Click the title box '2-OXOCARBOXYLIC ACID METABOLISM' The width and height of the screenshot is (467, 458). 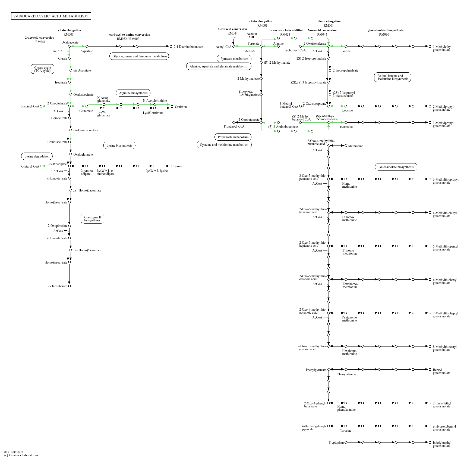[51, 16]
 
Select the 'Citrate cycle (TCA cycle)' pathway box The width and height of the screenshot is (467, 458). [42, 69]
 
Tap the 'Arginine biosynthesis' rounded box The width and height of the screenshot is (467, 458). [133, 93]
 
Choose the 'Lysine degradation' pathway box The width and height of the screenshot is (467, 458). [37, 156]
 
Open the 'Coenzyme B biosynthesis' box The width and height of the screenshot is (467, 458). [92, 219]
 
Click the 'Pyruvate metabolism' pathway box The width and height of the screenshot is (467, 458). [234, 59]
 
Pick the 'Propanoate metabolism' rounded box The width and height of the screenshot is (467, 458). [233, 137]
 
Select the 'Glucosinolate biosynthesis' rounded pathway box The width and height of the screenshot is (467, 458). [396, 167]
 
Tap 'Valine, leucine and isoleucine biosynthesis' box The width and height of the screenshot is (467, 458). [393, 78]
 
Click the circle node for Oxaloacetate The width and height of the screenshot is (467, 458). [69, 47]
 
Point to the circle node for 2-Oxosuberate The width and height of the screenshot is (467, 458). [69, 286]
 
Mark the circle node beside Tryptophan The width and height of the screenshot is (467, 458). [346, 442]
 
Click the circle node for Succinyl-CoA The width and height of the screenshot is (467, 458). [41, 106]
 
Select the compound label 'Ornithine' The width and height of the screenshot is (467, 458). [181, 107]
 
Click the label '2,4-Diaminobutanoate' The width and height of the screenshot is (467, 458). [188, 47]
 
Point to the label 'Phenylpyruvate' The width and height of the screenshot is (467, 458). [316, 370]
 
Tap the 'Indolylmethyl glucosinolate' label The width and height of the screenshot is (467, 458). [442, 444]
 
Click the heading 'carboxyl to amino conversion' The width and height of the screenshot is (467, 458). [130, 35]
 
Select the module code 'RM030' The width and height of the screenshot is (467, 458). [384, 35]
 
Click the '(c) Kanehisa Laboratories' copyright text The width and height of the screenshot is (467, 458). [21, 455]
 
